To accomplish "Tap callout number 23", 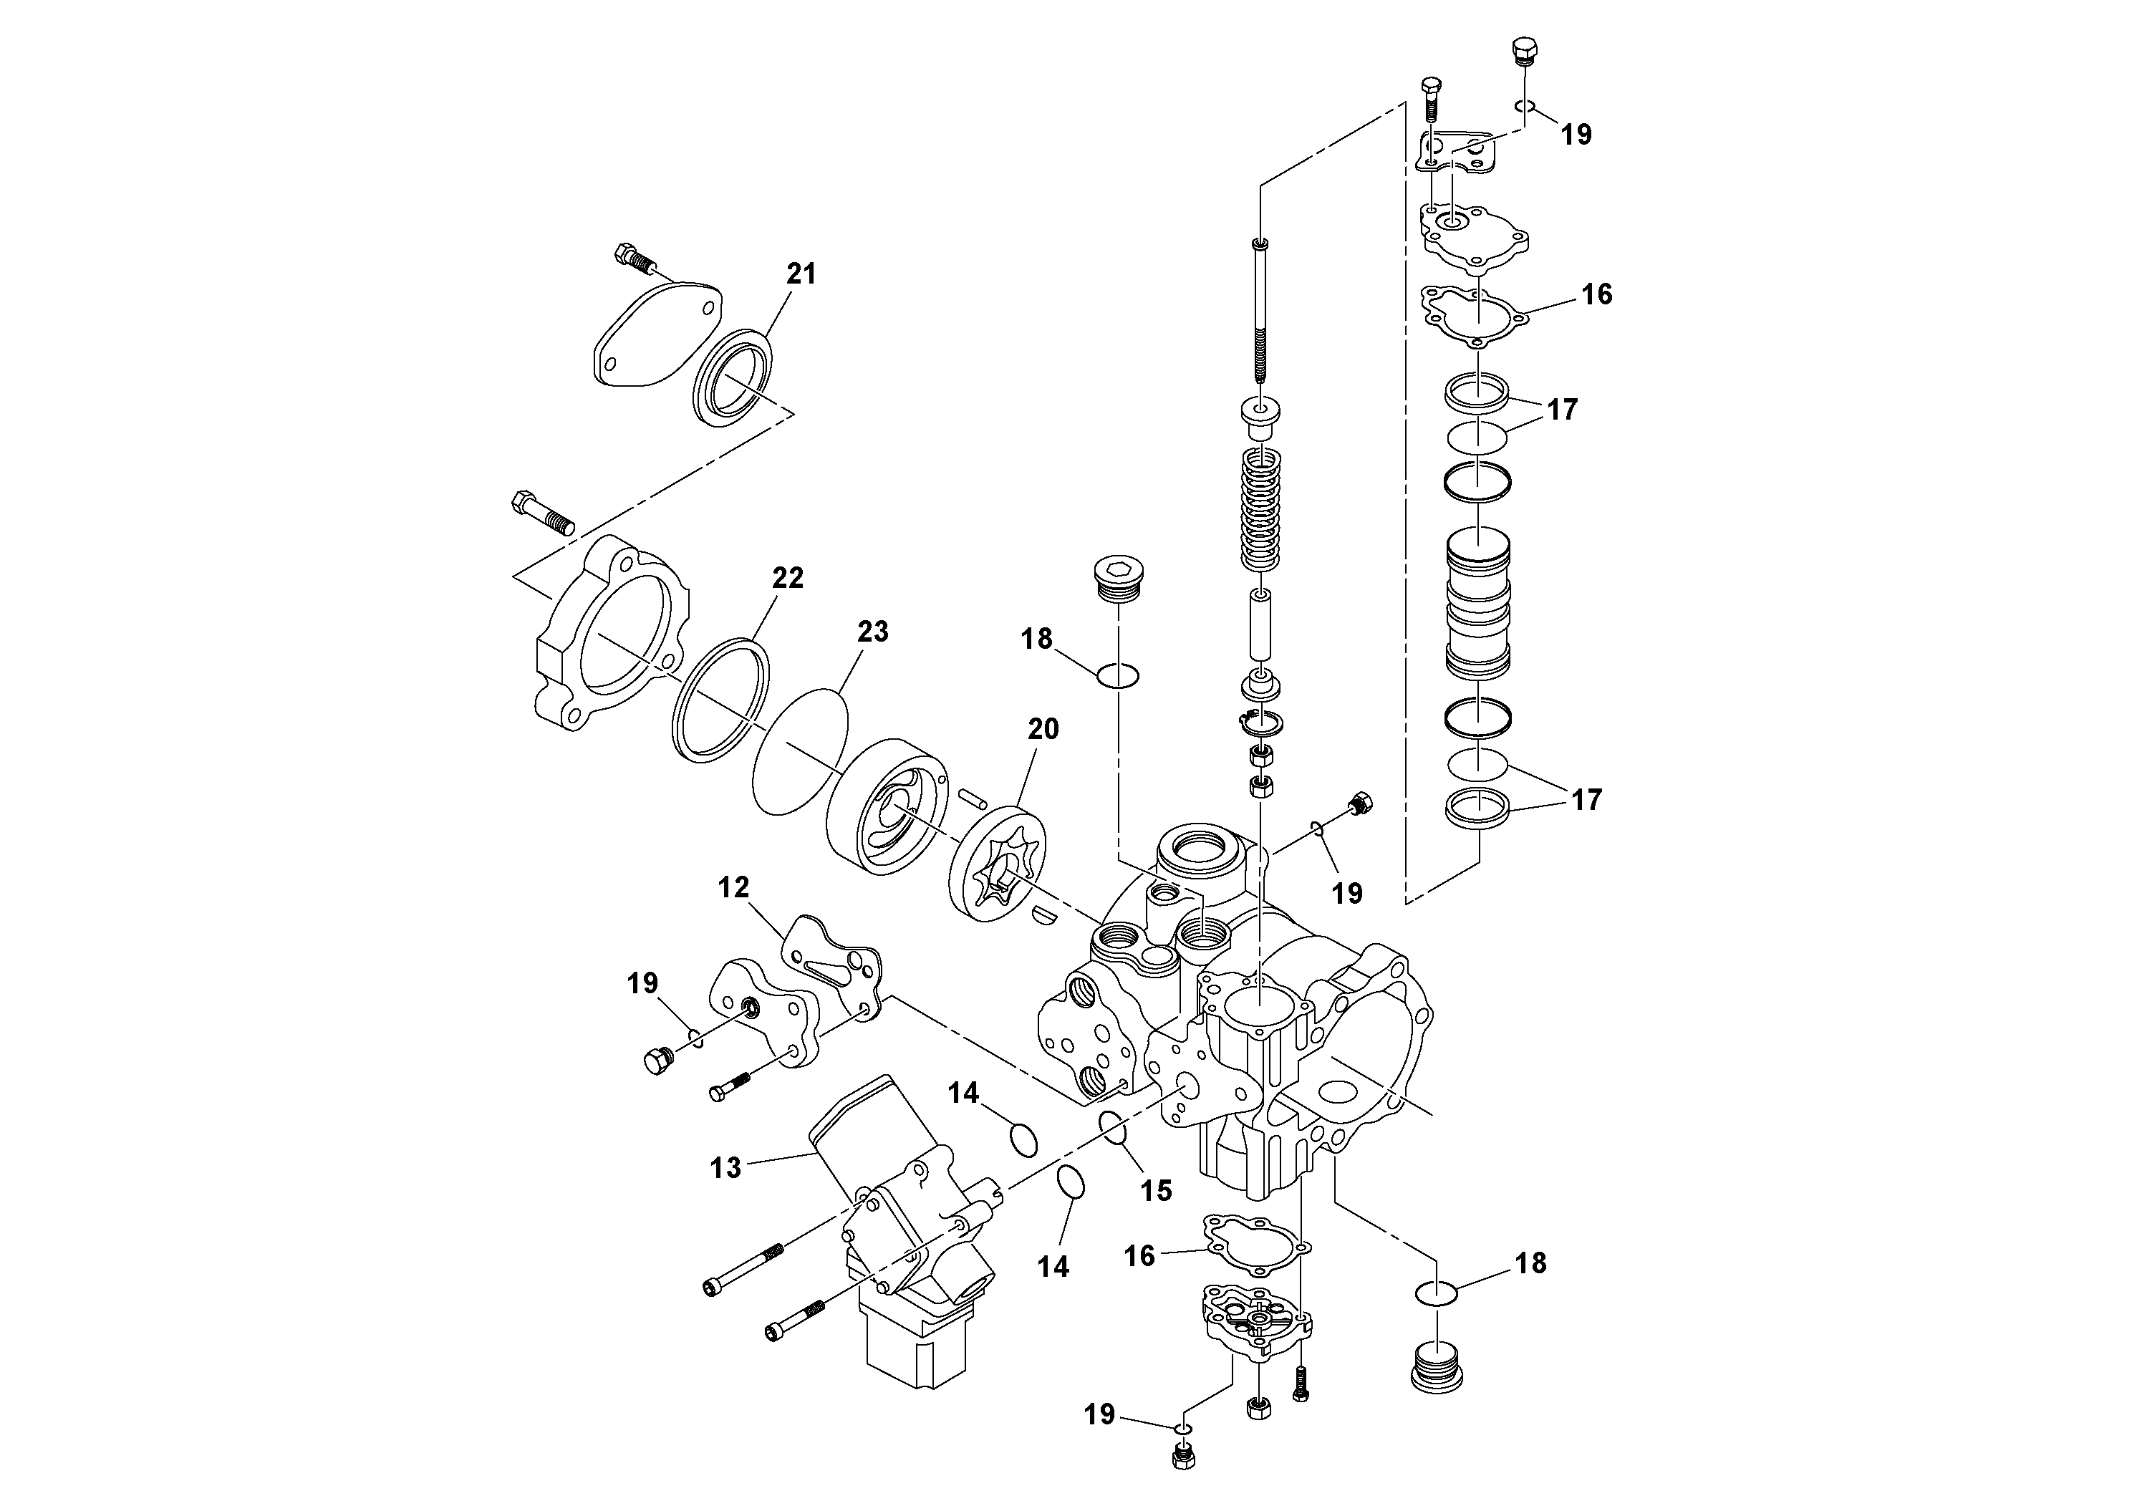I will [x=872, y=632].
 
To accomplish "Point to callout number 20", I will [x=1043, y=729].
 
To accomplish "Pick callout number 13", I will [x=725, y=1167].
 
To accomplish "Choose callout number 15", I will [x=1156, y=1189].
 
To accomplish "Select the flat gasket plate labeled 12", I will [x=830, y=965].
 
